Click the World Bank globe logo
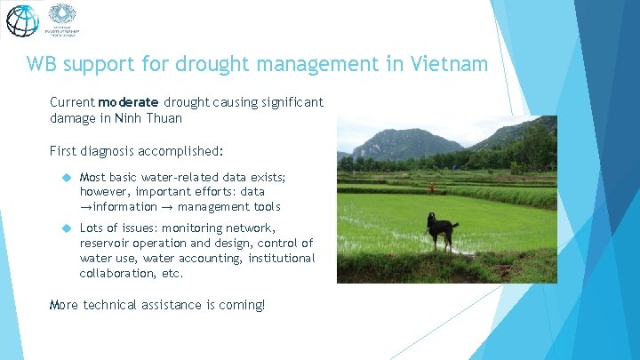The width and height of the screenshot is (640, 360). click(x=22, y=20)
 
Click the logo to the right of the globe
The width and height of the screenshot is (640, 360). click(x=61, y=20)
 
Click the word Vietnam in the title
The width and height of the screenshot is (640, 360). click(x=450, y=65)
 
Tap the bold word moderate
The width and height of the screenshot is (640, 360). click(x=129, y=103)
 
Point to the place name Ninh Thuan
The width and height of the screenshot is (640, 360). click(x=151, y=118)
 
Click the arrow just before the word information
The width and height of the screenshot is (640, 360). click(x=85, y=207)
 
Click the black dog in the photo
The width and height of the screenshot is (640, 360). click(x=439, y=230)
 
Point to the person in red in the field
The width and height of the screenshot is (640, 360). click(x=432, y=188)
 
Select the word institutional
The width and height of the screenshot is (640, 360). click(x=281, y=259)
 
